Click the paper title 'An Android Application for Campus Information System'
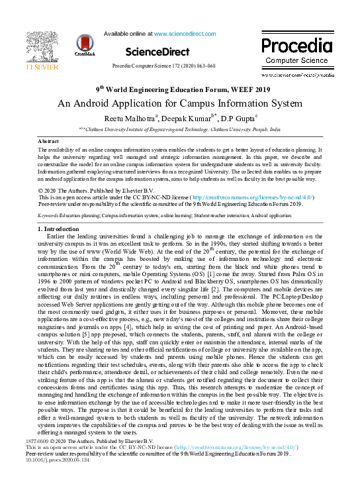(179, 103)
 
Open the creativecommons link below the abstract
(252, 197)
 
